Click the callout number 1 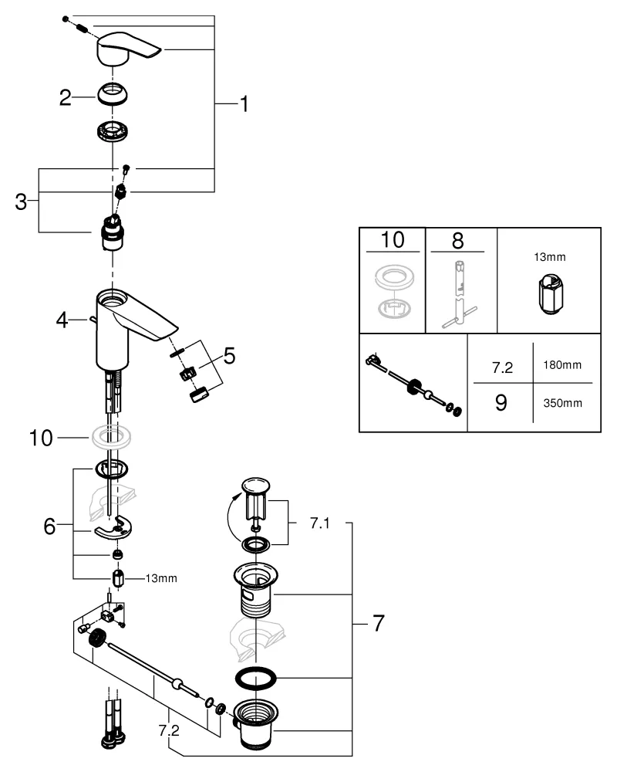[243, 103]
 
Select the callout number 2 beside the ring [66, 97]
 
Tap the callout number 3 [22, 202]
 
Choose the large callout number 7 [377, 623]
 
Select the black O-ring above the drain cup [255, 680]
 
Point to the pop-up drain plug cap [254, 486]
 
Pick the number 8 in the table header [457, 239]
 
